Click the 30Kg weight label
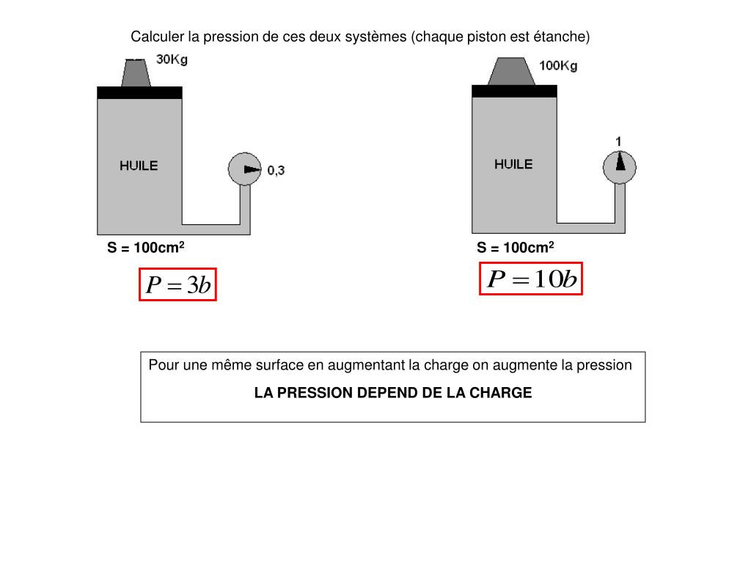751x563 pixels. coord(172,59)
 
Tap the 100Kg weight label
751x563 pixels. coord(558,65)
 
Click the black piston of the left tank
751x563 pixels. coord(139,92)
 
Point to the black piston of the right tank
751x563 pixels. coord(514,90)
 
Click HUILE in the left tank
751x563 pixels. coord(139,166)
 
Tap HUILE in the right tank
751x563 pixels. coord(513,164)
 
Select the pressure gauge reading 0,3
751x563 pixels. coord(245,169)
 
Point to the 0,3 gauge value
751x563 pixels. coord(276,171)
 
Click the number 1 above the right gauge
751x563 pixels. coord(618,141)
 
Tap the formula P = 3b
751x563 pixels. coord(178,284)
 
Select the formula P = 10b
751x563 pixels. coord(531,279)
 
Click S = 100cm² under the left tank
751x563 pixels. coord(145,248)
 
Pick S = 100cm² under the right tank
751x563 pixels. coord(515,248)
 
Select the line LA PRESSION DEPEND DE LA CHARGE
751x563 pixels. coord(392,393)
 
